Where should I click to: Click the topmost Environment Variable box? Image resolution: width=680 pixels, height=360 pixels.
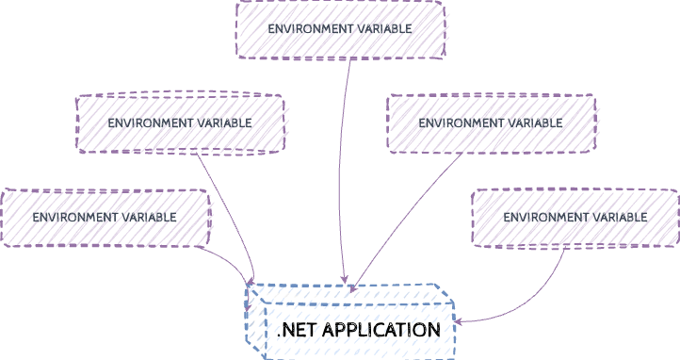pyautogui.click(x=340, y=29)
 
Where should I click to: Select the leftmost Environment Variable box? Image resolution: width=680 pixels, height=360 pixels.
pyautogui.click(x=105, y=218)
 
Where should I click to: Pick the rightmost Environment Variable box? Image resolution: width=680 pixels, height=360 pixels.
pyautogui.click(x=575, y=218)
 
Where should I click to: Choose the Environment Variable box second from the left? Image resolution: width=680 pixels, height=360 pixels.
pyautogui.click(x=180, y=123)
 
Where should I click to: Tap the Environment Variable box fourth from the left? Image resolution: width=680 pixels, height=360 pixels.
pyautogui.click(x=491, y=123)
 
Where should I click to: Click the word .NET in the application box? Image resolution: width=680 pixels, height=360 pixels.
pyautogui.click(x=296, y=330)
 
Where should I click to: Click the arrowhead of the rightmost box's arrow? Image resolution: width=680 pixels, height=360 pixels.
pyautogui.click(x=461, y=320)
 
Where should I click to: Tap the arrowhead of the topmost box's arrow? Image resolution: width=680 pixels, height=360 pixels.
pyautogui.click(x=346, y=280)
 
